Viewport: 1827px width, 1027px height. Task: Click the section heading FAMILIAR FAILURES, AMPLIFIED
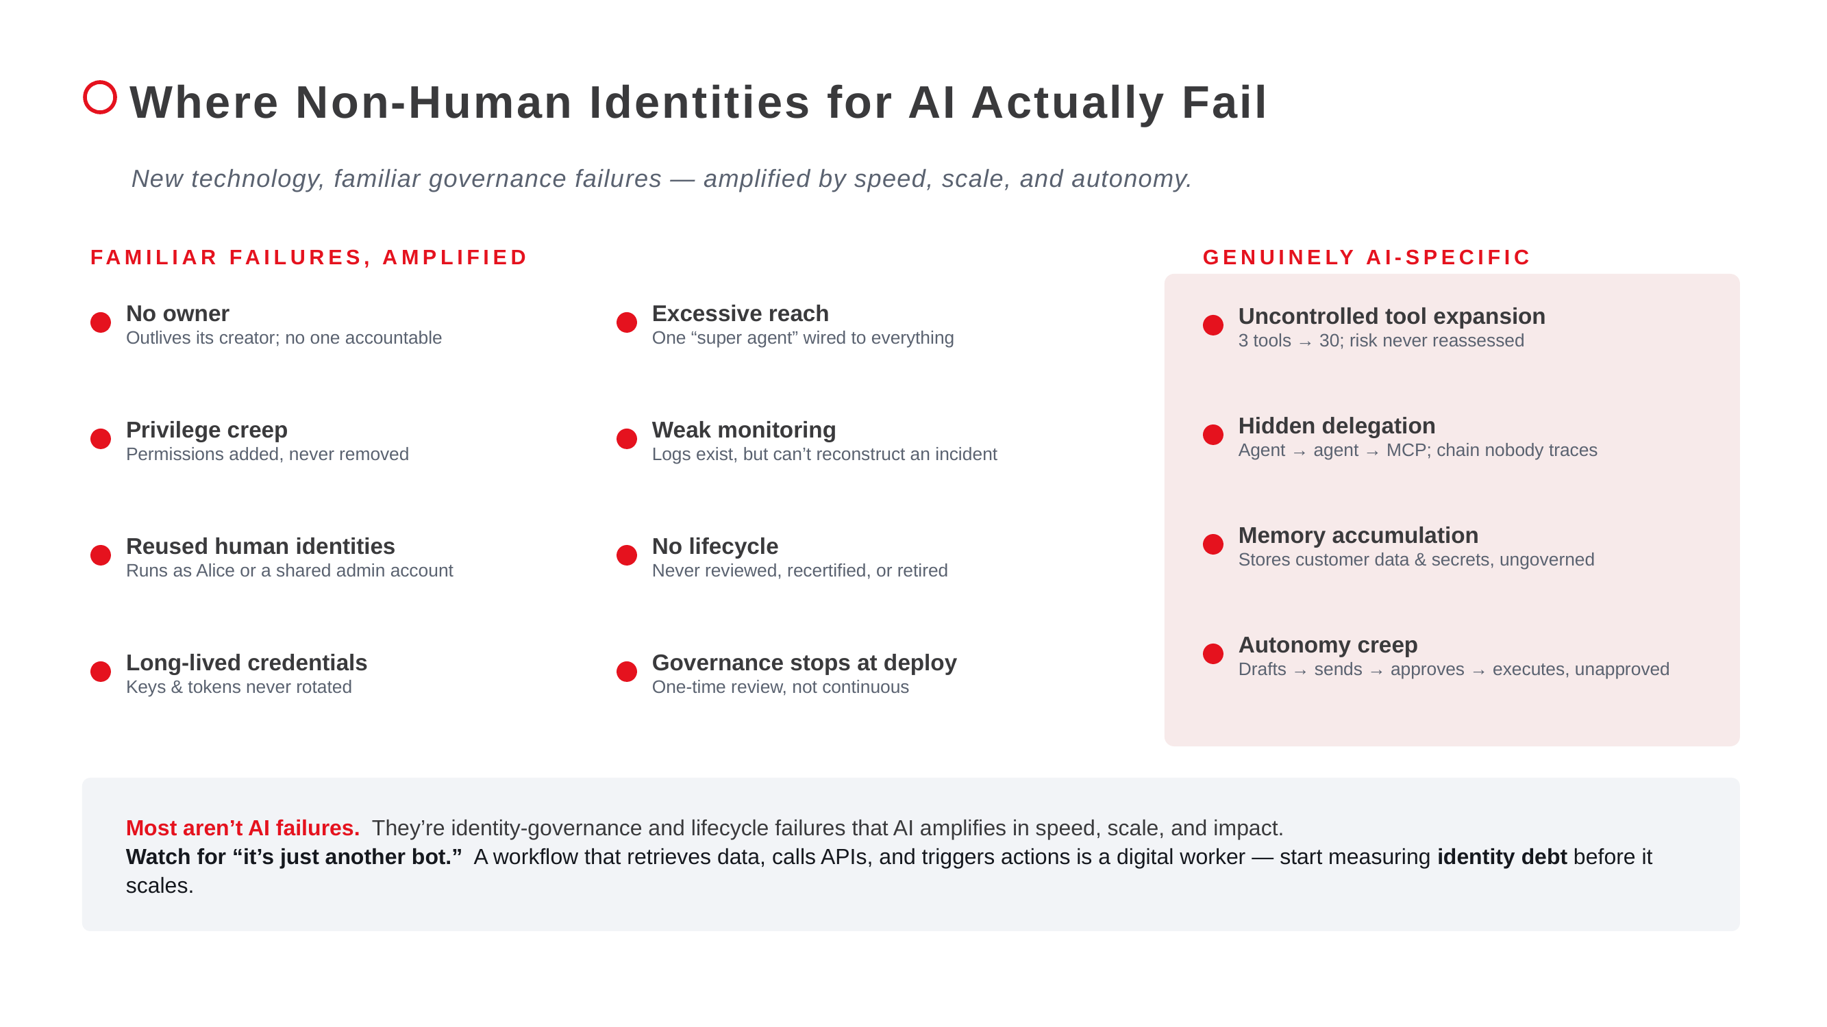point(308,257)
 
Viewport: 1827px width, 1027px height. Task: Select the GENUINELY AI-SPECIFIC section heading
point(1367,257)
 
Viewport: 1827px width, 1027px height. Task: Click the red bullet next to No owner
point(101,322)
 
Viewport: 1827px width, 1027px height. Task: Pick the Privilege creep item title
point(206,429)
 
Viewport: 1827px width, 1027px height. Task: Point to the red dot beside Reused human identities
point(101,555)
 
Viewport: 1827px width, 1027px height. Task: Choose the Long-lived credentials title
point(246,662)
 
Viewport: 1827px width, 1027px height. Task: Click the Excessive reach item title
point(740,314)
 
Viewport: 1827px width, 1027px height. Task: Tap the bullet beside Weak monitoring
point(626,439)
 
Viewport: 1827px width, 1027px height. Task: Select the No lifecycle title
point(714,546)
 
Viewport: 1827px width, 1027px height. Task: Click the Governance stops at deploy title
point(804,662)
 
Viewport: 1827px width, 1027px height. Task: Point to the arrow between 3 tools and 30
point(1305,342)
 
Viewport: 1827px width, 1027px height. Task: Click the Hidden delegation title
point(1337,425)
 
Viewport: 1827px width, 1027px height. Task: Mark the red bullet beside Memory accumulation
point(1213,544)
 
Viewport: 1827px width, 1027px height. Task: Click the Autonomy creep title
point(1328,644)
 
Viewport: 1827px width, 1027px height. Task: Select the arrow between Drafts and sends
point(1300,671)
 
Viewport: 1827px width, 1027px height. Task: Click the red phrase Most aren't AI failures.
point(243,828)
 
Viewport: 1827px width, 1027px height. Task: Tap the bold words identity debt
point(1502,857)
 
